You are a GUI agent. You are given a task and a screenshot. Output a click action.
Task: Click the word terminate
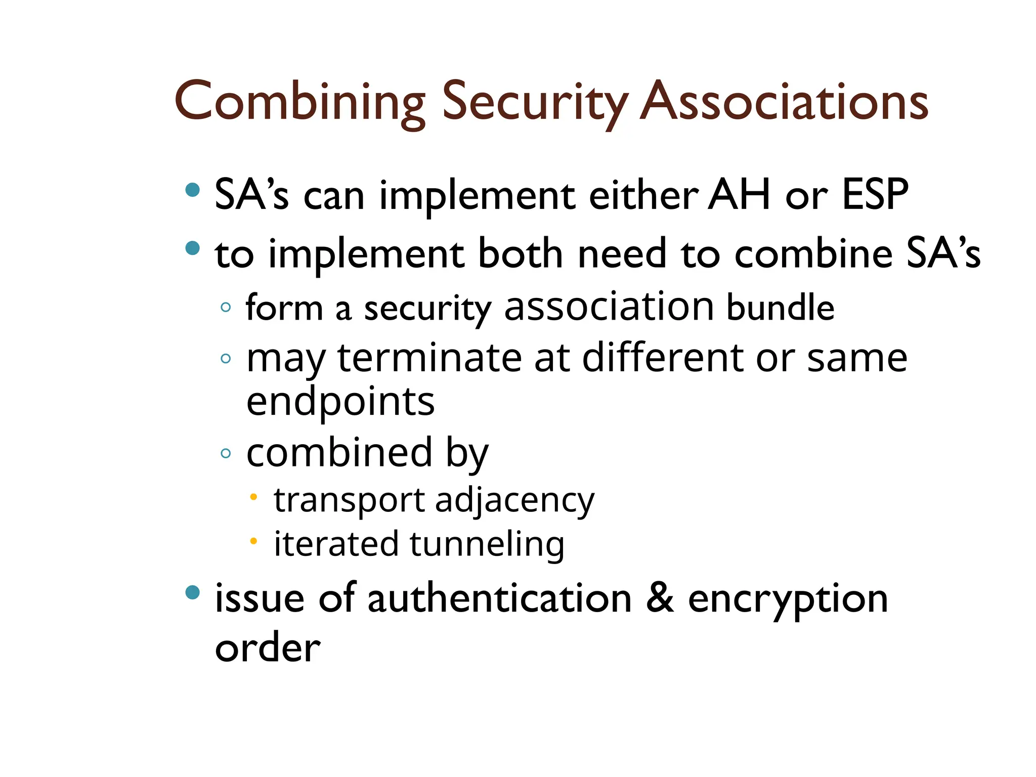[x=429, y=358]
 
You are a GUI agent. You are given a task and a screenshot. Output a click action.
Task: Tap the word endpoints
[x=340, y=402]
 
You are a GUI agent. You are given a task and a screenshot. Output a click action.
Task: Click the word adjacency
[x=514, y=501]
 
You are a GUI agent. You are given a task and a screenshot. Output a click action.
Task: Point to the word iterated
[x=336, y=544]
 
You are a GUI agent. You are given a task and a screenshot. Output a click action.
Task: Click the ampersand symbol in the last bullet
[x=660, y=598]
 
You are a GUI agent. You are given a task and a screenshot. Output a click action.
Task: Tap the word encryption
[x=788, y=599]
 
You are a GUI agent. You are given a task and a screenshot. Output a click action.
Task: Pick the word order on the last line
[x=268, y=648]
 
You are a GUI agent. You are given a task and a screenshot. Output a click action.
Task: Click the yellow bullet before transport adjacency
[x=254, y=497]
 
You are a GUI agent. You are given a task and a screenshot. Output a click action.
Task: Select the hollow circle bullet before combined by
[x=226, y=453]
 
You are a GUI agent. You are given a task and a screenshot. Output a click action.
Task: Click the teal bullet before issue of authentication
[x=192, y=592]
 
